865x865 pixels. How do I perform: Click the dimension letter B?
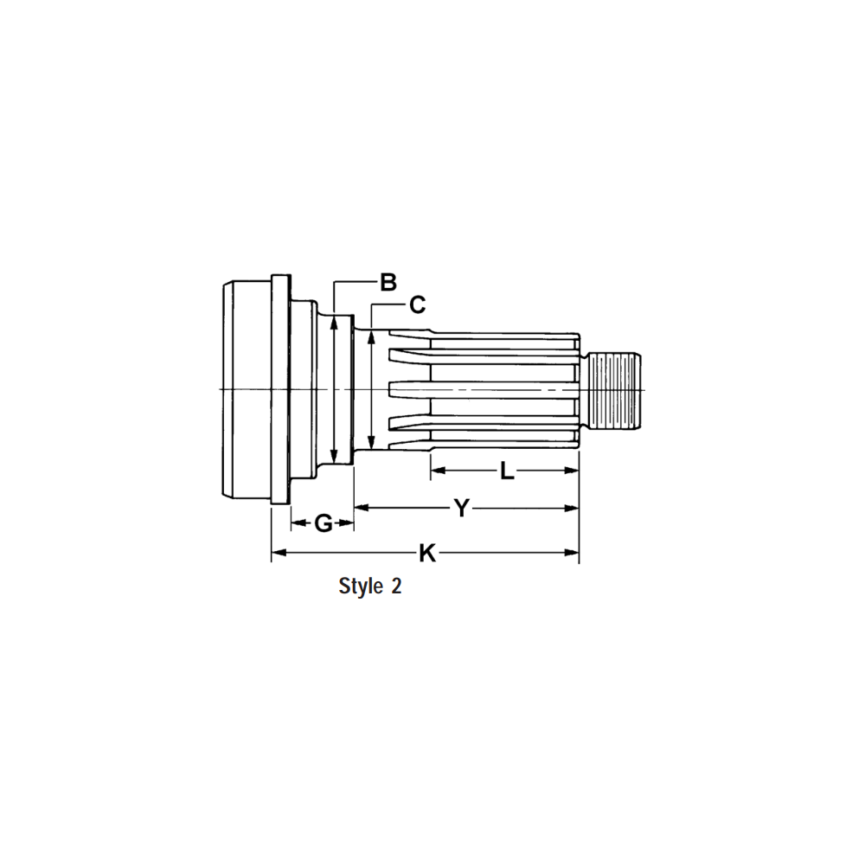click(388, 281)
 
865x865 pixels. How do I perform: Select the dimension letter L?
click(507, 471)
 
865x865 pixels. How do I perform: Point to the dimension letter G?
click(323, 523)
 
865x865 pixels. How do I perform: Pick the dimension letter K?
click(426, 553)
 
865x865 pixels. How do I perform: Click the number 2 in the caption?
click(396, 586)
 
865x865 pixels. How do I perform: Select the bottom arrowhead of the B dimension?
click(334, 461)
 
